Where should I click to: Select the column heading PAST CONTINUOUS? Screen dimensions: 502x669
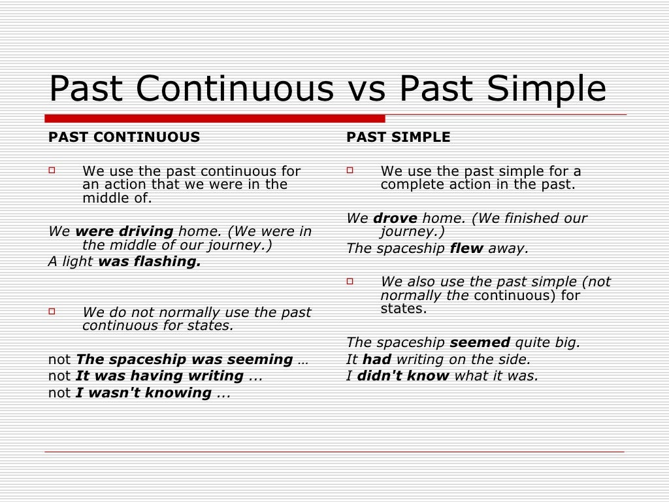click(x=124, y=137)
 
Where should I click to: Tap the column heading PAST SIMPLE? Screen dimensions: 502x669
click(x=399, y=137)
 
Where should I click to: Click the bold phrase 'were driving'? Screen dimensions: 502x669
click(x=124, y=231)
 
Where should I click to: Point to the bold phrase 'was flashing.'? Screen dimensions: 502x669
click(x=150, y=261)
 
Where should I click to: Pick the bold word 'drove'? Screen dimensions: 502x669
click(x=396, y=218)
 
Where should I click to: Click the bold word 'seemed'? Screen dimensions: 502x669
click(x=481, y=343)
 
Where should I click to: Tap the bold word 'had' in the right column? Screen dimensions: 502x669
click(x=376, y=359)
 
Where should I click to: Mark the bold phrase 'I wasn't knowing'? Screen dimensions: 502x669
click(x=144, y=393)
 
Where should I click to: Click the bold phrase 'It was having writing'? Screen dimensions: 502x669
click(x=160, y=376)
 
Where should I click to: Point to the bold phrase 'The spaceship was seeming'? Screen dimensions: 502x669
click(x=184, y=360)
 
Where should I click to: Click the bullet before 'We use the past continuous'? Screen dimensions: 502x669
click(x=53, y=171)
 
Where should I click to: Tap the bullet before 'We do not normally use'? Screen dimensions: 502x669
click(x=53, y=312)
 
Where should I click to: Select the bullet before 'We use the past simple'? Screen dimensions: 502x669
click(x=350, y=171)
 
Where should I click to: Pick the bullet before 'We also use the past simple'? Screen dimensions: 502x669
click(x=350, y=281)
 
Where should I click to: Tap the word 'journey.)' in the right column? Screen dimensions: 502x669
click(x=412, y=232)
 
